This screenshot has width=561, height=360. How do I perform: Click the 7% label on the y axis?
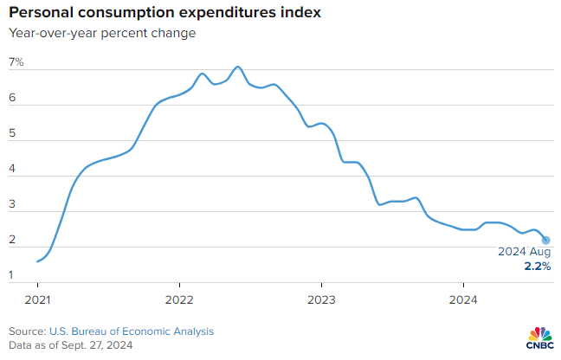coord(16,63)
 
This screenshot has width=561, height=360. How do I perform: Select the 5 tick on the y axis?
coord(12,135)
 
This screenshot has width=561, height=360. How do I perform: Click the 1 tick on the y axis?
coord(12,276)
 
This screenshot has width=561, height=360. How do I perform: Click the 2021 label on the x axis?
coord(37,300)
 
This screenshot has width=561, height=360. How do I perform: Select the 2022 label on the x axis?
coord(178,300)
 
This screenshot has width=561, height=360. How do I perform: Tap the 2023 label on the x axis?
coord(320,300)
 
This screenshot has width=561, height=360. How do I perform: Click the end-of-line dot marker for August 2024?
coord(546,240)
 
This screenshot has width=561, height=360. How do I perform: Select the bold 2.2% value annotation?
coord(538,267)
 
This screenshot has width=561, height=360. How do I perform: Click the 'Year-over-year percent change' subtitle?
coord(102,34)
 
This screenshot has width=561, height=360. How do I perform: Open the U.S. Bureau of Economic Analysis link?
coord(131,331)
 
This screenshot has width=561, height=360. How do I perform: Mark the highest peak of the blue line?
coord(238,67)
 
